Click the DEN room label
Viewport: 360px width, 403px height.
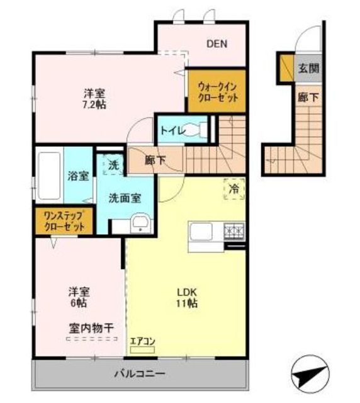click(x=217, y=43)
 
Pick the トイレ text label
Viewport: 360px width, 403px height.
click(x=172, y=130)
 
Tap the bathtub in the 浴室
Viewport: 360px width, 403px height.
click(x=48, y=174)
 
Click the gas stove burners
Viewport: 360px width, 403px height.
click(x=235, y=231)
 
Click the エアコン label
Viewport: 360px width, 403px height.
click(x=142, y=342)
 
